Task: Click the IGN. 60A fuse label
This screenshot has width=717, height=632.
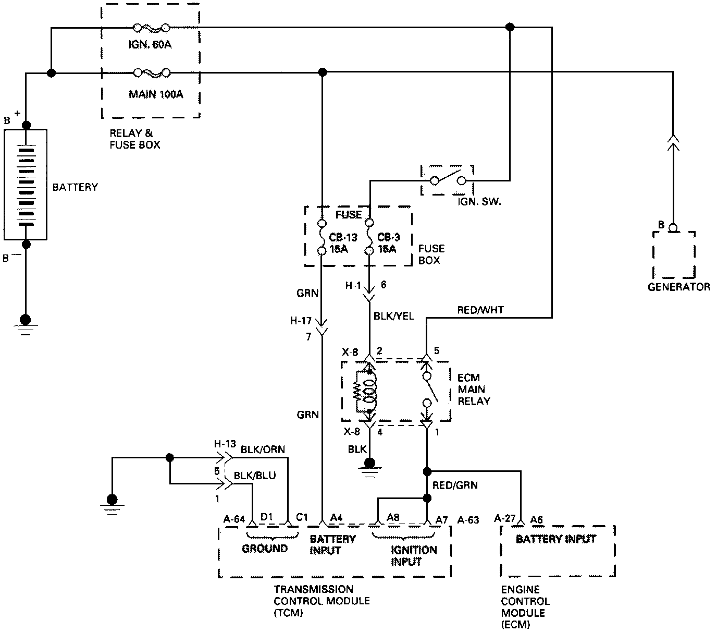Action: [x=150, y=44]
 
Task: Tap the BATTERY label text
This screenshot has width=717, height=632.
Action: [x=75, y=187]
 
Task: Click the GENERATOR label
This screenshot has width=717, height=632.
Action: [x=678, y=286]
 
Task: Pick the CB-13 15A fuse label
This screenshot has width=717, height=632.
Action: [x=343, y=243]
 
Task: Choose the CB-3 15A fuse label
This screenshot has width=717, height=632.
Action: [x=388, y=243]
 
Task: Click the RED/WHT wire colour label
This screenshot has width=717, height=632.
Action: [x=480, y=310]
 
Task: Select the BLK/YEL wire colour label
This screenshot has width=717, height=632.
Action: [x=394, y=315]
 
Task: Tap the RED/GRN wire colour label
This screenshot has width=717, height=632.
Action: [x=455, y=485]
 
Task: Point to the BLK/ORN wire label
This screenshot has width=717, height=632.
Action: [x=263, y=449]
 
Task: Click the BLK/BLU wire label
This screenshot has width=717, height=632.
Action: [x=255, y=475]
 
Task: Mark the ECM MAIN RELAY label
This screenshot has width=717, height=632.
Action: [x=474, y=390]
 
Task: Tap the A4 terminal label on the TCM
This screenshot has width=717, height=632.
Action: [x=337, y=518]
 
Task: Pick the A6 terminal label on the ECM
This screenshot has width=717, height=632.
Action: [x=537, y=519]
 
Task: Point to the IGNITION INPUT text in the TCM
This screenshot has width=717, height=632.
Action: [x=414, y=555]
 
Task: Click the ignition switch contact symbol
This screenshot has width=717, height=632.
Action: [x=448, y=180]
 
